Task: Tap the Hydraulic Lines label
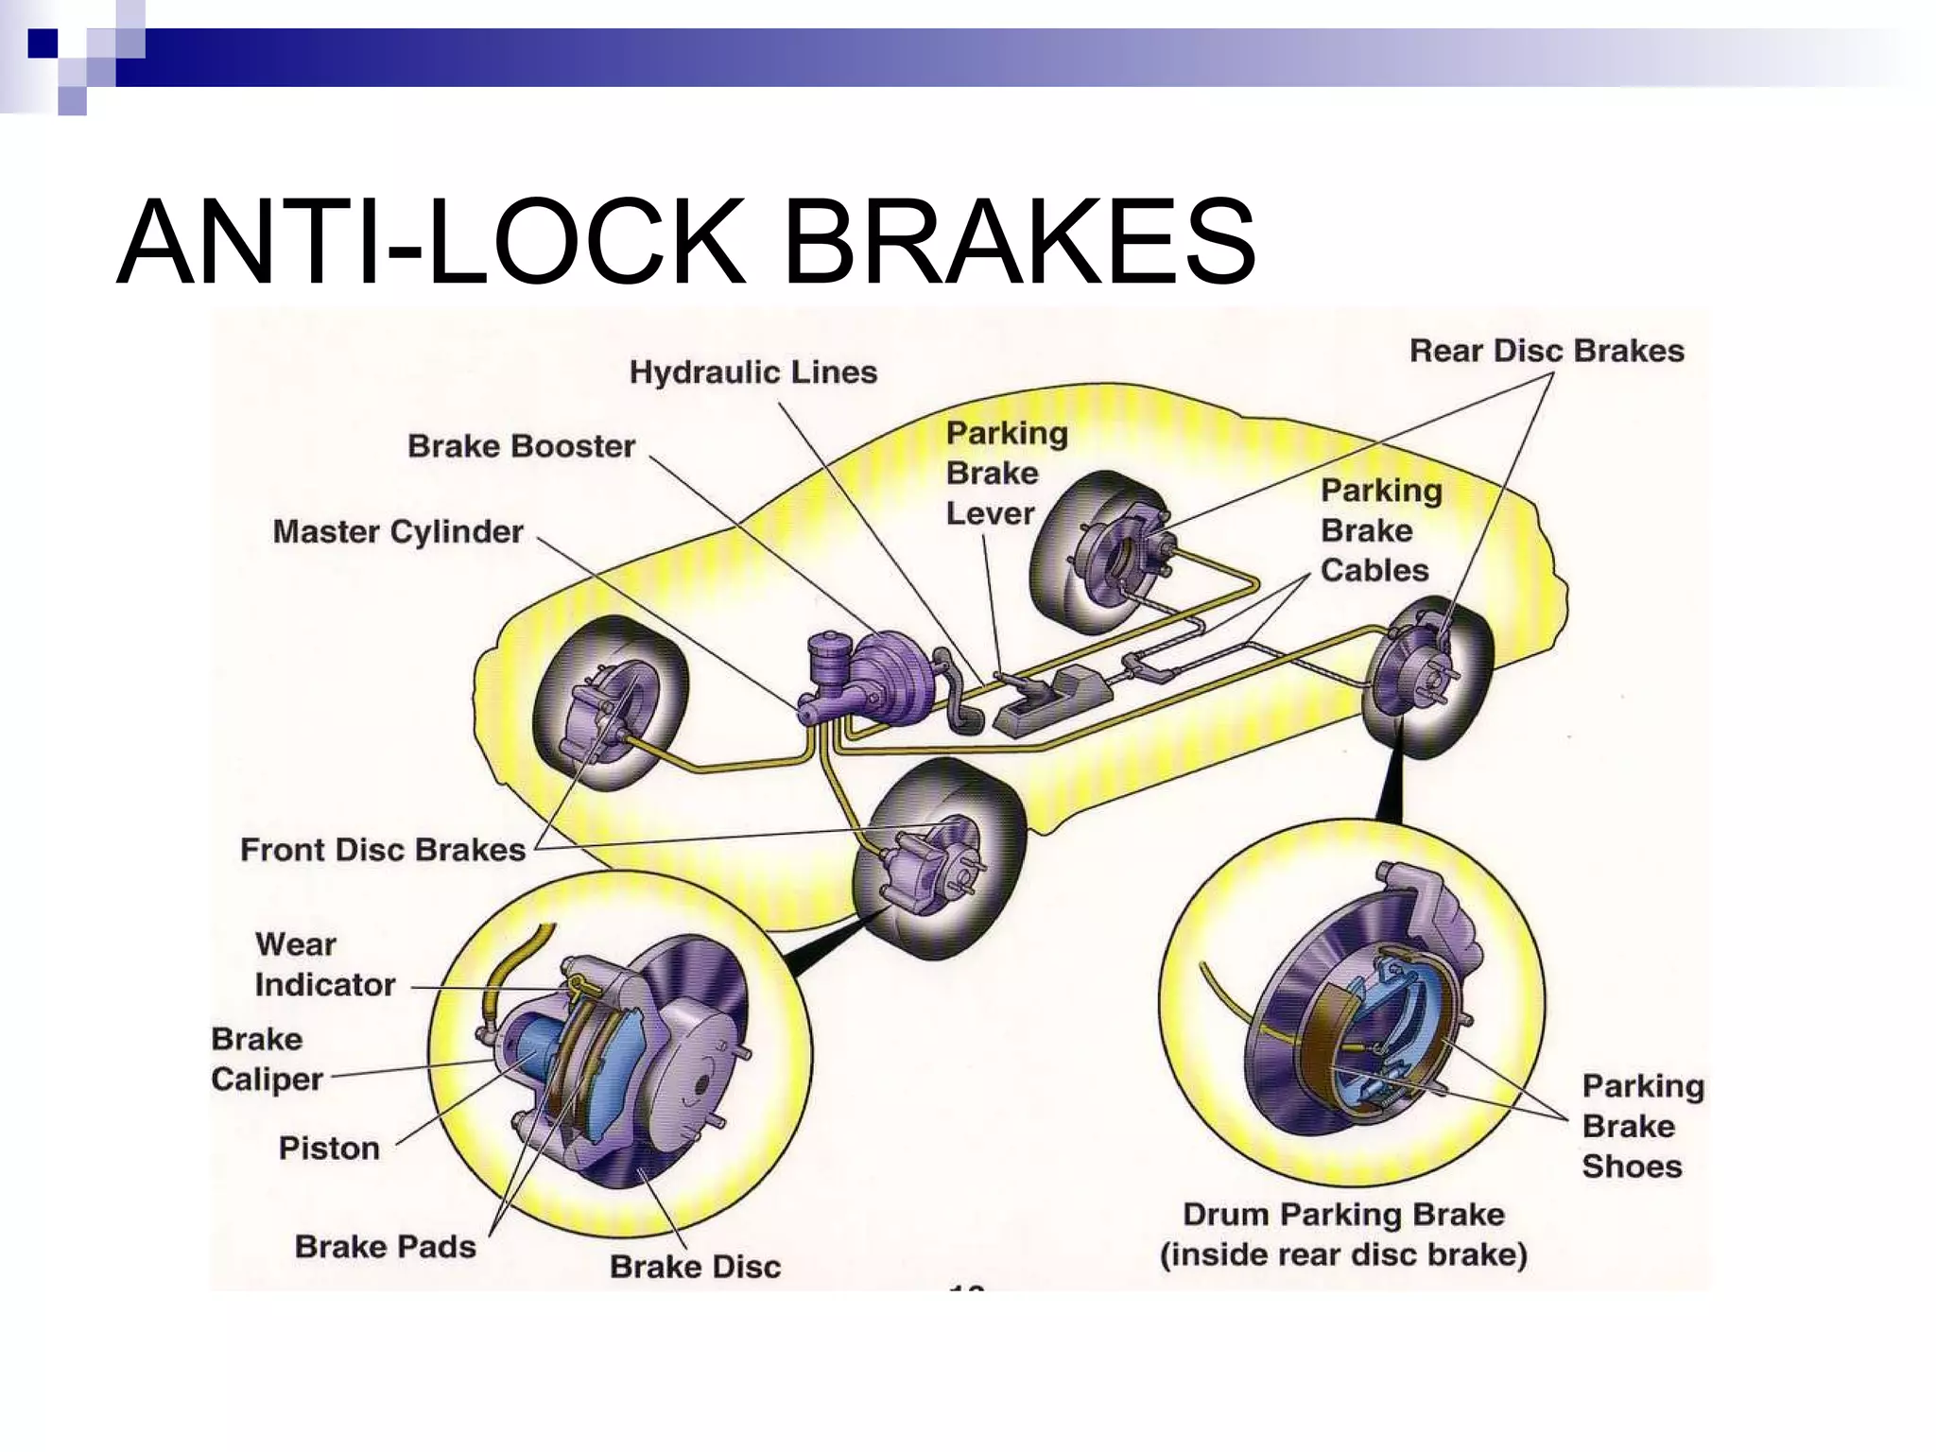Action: click(x=752, y=372)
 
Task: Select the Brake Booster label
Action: click(x=521, y=445)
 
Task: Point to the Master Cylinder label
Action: click(x=397, y=531)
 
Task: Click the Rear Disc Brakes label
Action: click(x=1547, y=351)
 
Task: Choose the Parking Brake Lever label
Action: click(x=1006, y=473)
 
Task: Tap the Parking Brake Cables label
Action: click(x=1380, y=530)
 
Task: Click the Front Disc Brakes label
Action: click(x=382, y=849)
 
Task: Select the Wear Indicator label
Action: click(x=323, y=964)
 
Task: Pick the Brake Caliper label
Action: click(x=266, y=1059)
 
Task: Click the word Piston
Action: click(x=329, y=1148)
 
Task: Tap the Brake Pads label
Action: click(x=385, y=1246)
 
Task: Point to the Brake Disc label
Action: click(x=695, y=1266)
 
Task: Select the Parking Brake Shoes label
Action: click(x=1642, y=1126)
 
